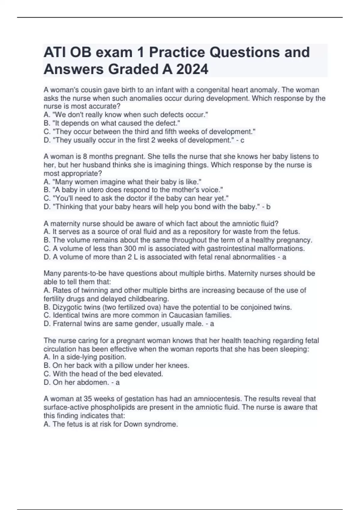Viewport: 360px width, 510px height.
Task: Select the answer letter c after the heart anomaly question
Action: click(x=242, y=140)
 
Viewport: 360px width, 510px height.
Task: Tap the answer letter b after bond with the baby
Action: click(x=268, y=207)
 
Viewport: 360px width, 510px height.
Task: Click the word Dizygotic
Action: click(x=66, y=307)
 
